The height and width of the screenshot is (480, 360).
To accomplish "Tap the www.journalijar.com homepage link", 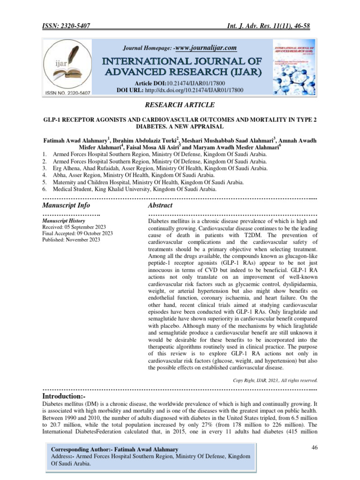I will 206,48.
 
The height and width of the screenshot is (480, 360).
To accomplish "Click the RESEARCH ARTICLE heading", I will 180,105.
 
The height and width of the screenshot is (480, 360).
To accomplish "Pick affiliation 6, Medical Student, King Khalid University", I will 135,189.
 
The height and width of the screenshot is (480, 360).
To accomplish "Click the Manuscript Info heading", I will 66,205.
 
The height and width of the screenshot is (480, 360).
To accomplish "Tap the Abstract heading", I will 160,205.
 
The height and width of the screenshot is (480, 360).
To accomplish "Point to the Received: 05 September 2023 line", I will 74,226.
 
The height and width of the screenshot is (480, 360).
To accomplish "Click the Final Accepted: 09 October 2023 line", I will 77,233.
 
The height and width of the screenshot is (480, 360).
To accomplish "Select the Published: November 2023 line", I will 71,240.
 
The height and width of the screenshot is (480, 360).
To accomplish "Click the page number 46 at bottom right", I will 315,448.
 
